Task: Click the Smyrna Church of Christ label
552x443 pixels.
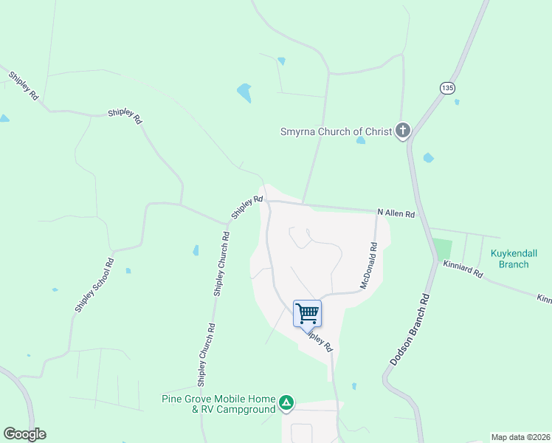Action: (x=336, y=132)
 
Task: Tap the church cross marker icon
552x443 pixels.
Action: (x=403, y=131)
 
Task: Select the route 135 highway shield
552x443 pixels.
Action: (x=446, y=87)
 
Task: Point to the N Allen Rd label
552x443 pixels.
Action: (x=396, y=213)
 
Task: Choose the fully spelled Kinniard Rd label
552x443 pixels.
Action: (x=463, y=269)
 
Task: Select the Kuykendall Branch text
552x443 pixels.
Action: (x=514, y=258)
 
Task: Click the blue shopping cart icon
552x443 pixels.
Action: (x=307, y=312)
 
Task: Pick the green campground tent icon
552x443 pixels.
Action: (x=286, y=404)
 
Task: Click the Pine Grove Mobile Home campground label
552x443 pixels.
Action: (x=218, y=404)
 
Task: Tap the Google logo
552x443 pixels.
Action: (x=24, y=434)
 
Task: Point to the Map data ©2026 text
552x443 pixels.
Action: (x=520, y=436)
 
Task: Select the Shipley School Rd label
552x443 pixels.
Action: (x=93, y=285)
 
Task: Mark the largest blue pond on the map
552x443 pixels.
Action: (x=244, y=93)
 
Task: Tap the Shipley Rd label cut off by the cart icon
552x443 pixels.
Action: (x=320, y=340)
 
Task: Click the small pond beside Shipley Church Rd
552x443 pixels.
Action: (x=196, y=250)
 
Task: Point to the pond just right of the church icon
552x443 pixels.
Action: (x=428, y=157)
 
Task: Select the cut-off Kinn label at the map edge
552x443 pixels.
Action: (x=545, y=299)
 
